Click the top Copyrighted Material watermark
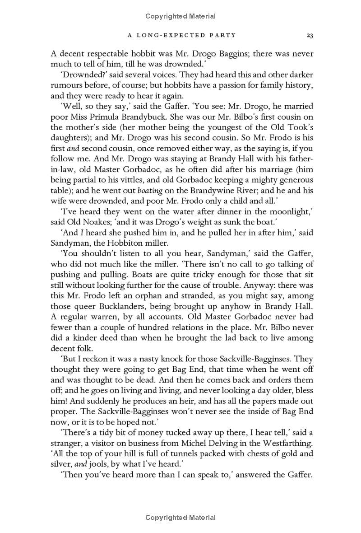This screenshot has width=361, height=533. tap(180, 16)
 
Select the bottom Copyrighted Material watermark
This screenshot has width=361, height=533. tap(180, 518)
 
